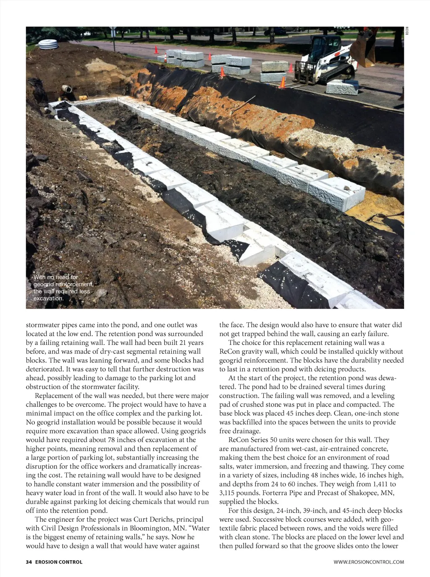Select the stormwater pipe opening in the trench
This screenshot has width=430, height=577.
coord(67,89)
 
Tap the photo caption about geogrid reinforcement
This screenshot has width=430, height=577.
coord(63,287)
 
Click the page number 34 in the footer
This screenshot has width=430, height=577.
coord(29,562)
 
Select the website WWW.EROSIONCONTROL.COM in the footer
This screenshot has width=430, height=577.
coord(369,562)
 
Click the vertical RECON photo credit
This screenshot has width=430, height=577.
coord(407,31)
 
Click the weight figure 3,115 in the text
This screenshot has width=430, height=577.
coord(229,493)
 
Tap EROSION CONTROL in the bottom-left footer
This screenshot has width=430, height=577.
coord(59,562)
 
